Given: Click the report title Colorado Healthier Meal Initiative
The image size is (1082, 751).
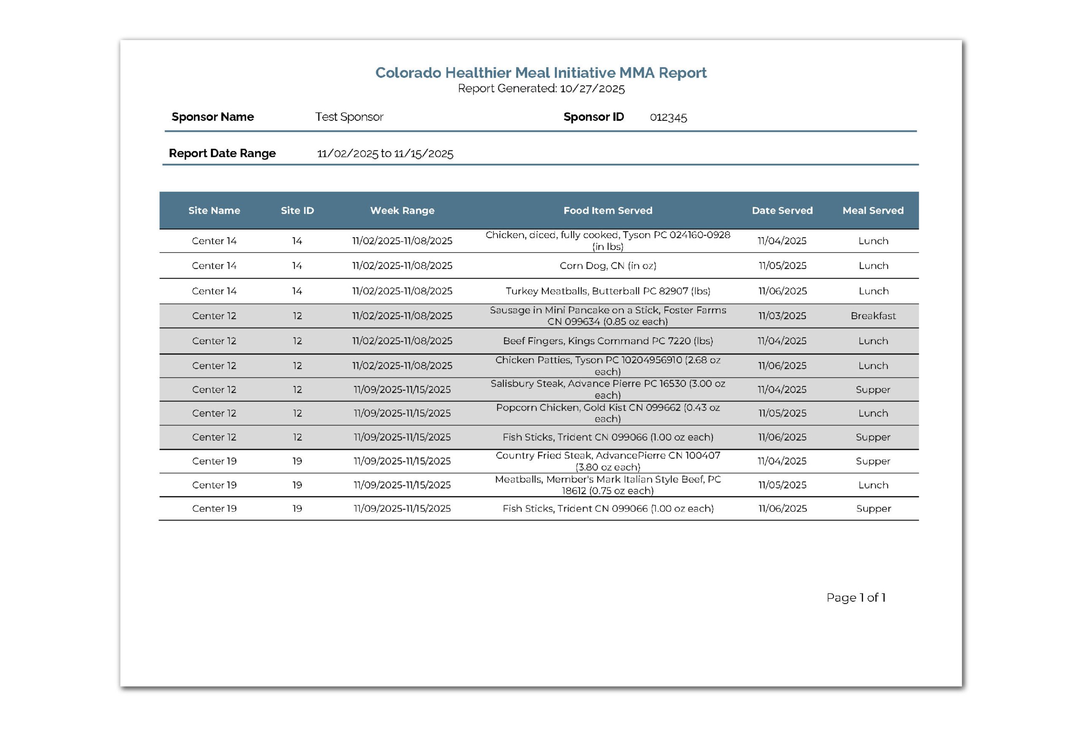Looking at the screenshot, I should coord(541,73).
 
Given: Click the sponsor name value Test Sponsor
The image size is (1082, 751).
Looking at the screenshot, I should coord(349,117).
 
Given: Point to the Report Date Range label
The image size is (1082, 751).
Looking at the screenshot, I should coord(222,153).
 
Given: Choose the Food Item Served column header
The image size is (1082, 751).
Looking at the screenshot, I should coord(607,211).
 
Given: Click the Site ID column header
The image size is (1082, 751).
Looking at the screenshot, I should coord(297,211).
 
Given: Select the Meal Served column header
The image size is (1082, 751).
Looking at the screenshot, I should coord(872,211).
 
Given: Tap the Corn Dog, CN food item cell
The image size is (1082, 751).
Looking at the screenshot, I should coord(607,266).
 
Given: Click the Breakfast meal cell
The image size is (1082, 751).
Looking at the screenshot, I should coord(872,316).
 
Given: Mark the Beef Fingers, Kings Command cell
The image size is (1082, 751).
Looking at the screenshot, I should coord(607,341).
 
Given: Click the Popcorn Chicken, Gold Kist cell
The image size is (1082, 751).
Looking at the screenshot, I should coord(607,413).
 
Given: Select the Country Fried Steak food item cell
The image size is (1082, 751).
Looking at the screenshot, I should coord(607,461).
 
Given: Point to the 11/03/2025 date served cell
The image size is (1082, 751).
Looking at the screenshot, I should coord(781,316).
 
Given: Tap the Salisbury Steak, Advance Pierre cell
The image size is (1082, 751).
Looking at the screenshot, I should coord(607,389).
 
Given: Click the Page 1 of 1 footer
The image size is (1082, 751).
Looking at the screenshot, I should coord(855,598).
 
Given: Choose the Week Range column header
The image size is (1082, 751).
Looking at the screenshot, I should coord(402,211).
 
